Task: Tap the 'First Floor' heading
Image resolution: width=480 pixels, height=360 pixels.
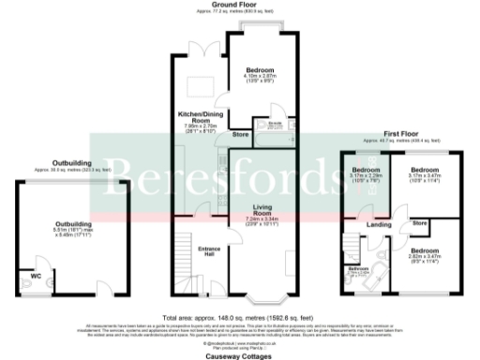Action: (x=404, y=132)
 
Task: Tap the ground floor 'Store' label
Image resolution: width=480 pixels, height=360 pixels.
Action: (x=240, y=134)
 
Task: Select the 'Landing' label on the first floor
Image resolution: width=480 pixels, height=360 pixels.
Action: (x=379, y=225)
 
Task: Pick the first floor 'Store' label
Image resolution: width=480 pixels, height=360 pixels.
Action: (x=420, y=223)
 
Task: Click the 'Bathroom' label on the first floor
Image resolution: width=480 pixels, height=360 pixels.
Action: (x=357, y=269)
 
